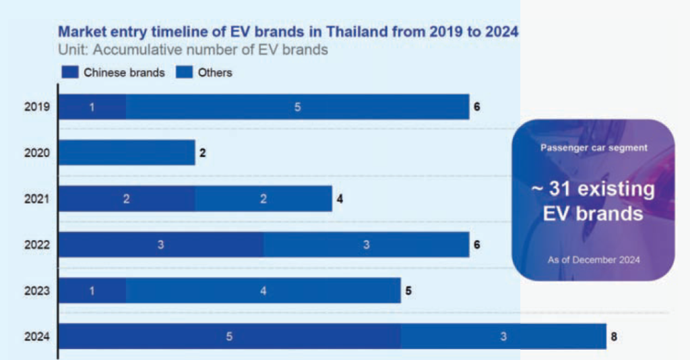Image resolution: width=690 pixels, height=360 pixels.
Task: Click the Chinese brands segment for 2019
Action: coord(92,107)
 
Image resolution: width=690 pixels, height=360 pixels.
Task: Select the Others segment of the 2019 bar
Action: coord(297,107)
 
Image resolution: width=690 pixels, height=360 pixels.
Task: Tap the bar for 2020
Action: coord(127,152)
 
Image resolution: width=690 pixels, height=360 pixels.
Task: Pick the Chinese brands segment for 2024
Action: coord(229,336)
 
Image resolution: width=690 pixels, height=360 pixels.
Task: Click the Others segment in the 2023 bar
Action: coord(263,291)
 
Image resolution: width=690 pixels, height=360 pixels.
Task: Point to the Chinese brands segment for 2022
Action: coord(160,244)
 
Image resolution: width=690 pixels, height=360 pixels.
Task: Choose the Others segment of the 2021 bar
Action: coord(263,198)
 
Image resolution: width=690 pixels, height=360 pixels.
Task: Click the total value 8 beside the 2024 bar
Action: coord(613,336)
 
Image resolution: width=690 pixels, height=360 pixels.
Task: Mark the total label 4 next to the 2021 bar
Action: coord(340,198)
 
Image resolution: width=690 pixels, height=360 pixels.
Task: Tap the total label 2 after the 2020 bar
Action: coord(202,153)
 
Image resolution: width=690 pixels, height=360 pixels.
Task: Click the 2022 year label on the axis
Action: coord(37,245)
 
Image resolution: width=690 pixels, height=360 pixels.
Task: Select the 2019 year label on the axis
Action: coord(37,107)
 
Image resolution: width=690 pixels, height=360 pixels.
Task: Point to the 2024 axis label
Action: coord(37,336)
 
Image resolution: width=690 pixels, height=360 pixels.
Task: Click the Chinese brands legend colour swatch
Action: coord(69,72)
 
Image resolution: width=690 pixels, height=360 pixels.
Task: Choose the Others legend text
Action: coord(215,72)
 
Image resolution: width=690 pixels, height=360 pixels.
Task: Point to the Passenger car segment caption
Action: coord(594,148)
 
